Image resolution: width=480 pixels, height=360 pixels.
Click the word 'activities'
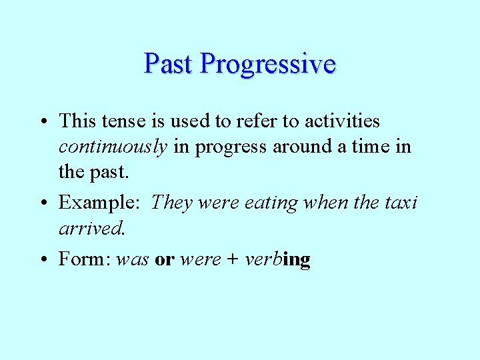click(x=342, y=121)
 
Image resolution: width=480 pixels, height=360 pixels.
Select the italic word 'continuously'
click(x=113, y=147)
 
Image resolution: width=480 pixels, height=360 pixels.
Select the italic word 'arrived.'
click(x=92, y=229)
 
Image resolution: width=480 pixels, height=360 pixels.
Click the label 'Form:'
click(x=85, y=259)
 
